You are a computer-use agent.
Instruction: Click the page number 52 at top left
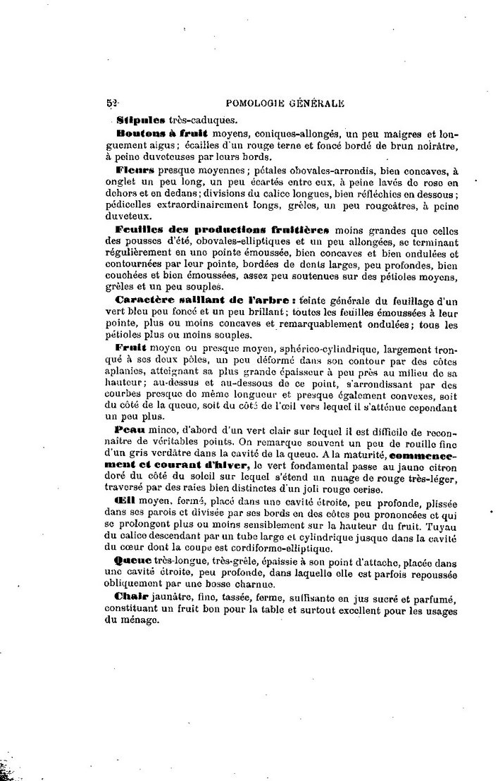click(111, 103)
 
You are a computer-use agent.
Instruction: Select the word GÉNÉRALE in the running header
click(316, 103)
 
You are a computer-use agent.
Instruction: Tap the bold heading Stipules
click(140, 119)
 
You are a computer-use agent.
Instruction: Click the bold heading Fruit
click(132, 348)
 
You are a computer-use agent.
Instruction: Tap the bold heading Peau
click(130, 430)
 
